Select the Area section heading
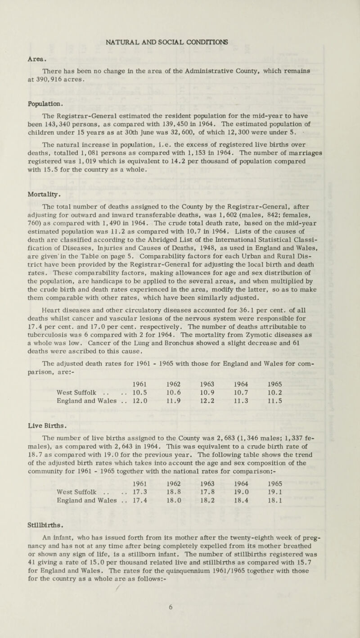pyautogui.click(x=28, y=46)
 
